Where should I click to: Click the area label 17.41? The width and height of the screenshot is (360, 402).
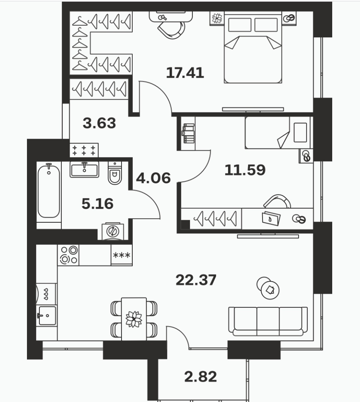point(185,73)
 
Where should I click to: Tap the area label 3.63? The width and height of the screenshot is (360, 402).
point(100,123)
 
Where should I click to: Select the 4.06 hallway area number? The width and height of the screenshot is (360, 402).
point(153,178)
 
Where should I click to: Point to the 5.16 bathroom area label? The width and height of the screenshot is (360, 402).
point(97,204)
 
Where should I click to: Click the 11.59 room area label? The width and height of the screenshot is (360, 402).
point(245,170)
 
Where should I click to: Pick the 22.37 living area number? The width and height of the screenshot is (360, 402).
point(196,280)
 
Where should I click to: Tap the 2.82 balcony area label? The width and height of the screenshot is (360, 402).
point(201,377)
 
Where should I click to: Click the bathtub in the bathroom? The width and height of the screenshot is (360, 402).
point(49,190)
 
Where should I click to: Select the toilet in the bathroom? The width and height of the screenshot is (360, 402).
point(115,173)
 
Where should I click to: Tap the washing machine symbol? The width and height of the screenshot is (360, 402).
point(113,231)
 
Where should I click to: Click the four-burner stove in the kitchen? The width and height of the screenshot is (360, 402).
point(68,255)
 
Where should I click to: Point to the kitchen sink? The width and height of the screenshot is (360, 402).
point(46,316)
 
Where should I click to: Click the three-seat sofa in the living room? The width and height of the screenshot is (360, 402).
point(268,322)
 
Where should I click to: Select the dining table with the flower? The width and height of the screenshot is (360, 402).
point(134,319)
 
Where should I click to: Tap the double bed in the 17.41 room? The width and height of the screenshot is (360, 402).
point(253,47)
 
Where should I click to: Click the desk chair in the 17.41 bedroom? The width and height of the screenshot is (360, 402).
point(171,29)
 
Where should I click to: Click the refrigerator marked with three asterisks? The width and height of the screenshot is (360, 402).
point(122,255)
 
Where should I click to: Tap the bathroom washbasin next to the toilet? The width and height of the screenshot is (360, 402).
point(84,169)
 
